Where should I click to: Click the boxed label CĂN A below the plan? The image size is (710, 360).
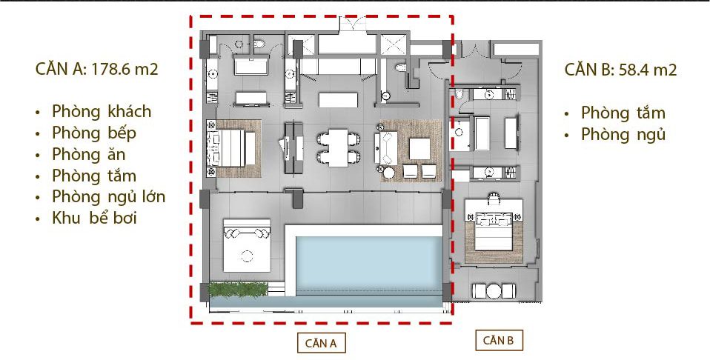pyautogui.click(x=321, y=343)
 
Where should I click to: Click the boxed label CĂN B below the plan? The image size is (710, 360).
pyautogui.click(x=499, y=341)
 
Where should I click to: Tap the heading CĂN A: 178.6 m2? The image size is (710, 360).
pyautogui.click(x=96, y=70)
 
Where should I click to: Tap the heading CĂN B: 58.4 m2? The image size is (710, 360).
pyautogui.click(x=620, y=70)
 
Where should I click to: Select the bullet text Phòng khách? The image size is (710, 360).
pyautogui.click(x=102, y=111)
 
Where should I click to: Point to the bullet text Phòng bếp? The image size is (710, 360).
pyautogui.click(x=93, y=133)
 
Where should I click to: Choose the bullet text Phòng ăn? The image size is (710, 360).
pyautogui.click(x=88, y=154)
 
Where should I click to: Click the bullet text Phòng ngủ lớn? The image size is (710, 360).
pyautogui.click(x=109, y=197)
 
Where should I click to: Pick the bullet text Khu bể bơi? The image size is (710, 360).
pyautogui.click(x=94, y=219)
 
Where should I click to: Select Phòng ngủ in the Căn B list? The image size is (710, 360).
pyautogui.click(x=623, y=135)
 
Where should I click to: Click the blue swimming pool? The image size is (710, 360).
pyautogui.click(x=368, y=265)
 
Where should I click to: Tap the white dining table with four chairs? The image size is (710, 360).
pyautogui.click(x=339, y=147)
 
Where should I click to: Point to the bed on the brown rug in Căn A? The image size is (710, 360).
pyautogui.click(x=231, y=148)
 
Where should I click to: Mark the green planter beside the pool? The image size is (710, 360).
pyautogui.click(x=238, y=290)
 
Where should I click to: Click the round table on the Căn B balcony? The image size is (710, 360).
pyautogui.click(x=494, y=290)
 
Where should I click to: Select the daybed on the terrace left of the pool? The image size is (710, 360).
pyautogui.click(x=247, y=246)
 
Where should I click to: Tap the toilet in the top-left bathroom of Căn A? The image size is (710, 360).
pyautogui.click(x=259, y=44)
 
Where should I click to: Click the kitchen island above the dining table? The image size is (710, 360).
pyautogui.click(x=338, y=99)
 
